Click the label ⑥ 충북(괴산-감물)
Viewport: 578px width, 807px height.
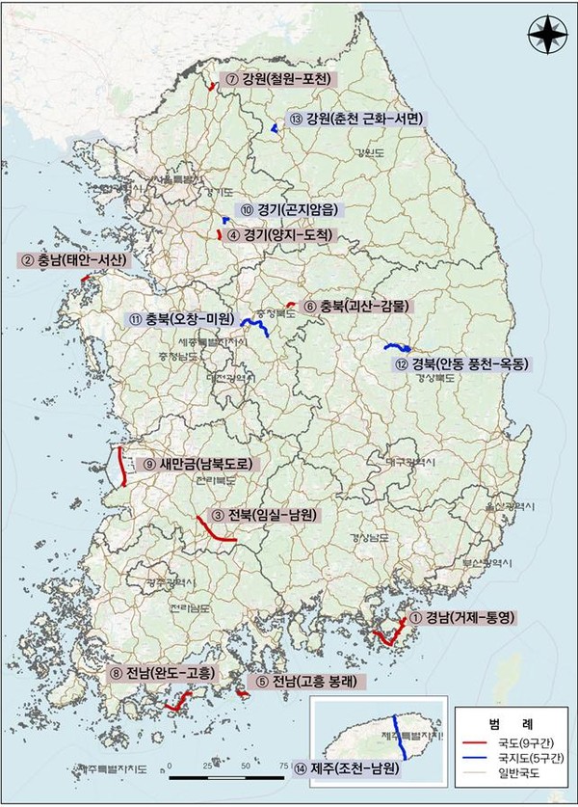coord(352,307)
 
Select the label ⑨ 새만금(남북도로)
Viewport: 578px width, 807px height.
coord(197,464)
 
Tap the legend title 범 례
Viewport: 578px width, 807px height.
coord(510,722)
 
